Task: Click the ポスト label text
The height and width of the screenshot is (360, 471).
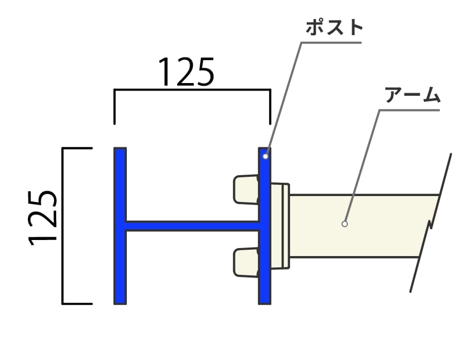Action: click(x=334, y=28)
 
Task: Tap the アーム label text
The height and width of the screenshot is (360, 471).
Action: click(x=412, y=95)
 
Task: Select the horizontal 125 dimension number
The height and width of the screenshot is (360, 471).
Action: click(x=186, y=72)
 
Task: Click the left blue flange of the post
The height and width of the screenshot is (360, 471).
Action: click(x=120, y=226)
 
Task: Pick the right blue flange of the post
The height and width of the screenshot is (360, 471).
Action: click(x=264, y=226)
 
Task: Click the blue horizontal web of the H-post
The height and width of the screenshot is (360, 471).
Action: click(x=192, y=226)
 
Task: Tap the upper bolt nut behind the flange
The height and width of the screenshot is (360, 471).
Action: click(x=246, y=190)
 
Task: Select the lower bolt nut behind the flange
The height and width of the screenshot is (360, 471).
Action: click(x=246, y=262)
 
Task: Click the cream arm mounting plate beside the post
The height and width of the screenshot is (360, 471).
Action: click(x=280, y=226)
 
